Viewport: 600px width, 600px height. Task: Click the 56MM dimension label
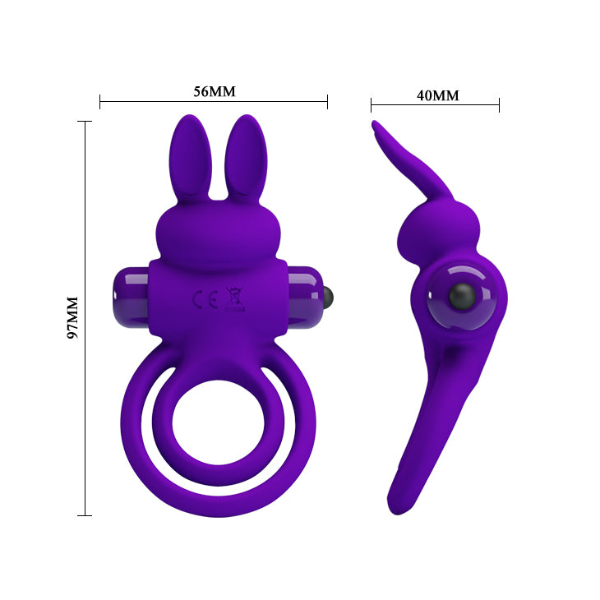click(215, 90)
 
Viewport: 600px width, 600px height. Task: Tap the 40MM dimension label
click(437, 95)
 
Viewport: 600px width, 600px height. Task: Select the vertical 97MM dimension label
click(72, 318)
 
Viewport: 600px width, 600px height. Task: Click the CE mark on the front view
click(199, 299)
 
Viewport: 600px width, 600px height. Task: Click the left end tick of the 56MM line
click(99, 102)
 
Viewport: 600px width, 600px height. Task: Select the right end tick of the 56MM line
click(327, 102)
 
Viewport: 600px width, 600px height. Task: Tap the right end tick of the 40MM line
click(499, 104)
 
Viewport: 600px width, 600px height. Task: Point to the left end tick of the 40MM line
click(371, 104)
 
